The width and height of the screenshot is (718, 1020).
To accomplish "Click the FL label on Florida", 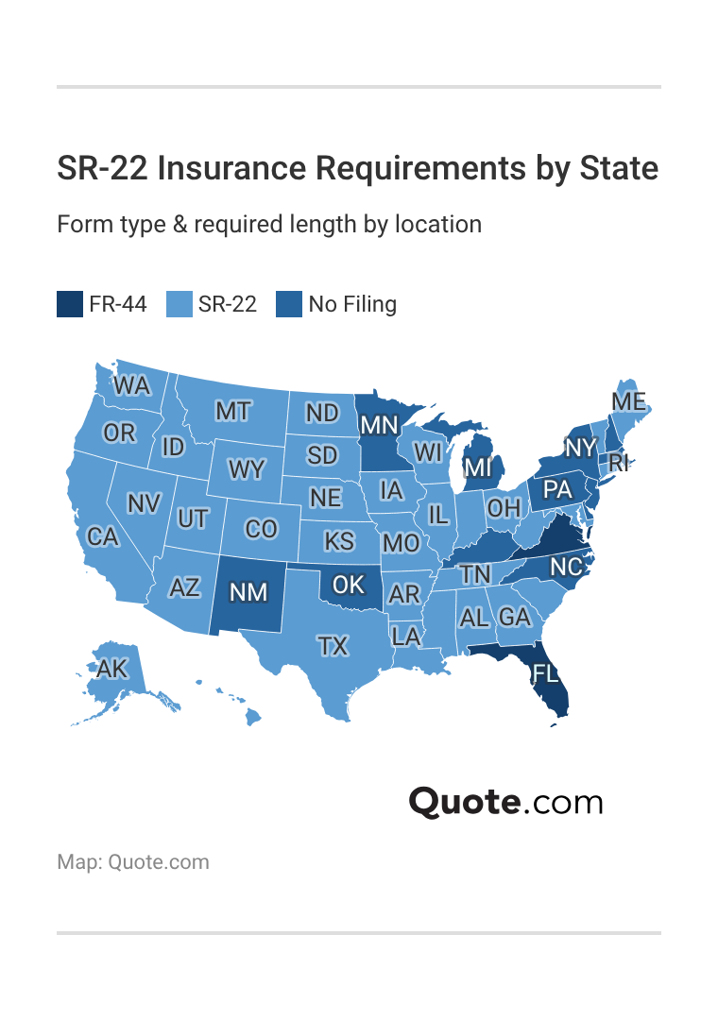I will pos(545,672).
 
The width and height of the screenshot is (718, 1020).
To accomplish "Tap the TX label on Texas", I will pos(333,646).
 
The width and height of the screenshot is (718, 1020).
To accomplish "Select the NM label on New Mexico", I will pos(249,592).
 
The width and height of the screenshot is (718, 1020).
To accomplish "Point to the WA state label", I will pos(132,385).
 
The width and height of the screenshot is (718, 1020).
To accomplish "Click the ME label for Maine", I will pos(628,401).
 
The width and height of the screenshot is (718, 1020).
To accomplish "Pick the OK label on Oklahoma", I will pos(349,585).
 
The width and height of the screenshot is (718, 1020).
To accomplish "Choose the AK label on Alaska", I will pos(111,669).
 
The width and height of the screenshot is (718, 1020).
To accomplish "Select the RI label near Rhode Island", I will pos(619,462).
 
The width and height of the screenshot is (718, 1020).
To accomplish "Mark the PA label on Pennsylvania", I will pos(558,489).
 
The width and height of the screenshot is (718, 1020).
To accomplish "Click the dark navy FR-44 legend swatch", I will pos(70,304).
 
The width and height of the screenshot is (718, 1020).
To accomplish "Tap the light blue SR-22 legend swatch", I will pos(179,304).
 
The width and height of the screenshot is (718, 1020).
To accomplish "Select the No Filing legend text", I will pos(352,304).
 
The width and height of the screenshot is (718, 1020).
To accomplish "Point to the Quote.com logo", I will pos(505,802).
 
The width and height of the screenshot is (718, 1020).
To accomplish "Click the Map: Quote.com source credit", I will pos(133,861).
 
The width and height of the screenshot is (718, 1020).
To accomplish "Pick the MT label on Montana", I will pos(233,411).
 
